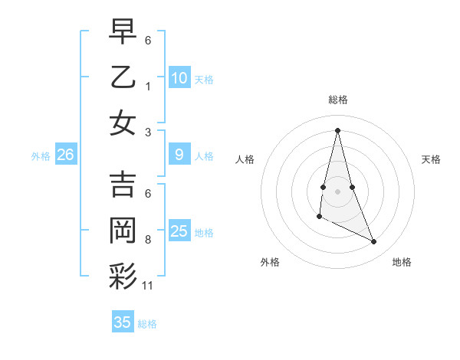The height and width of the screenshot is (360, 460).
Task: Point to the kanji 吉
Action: pyautogui.click(x=123, y=185)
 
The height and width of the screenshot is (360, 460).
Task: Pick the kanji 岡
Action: pyautogui.click(x=123, y=231)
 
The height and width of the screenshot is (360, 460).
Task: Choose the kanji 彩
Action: pyautogui.click(x=123, y=277)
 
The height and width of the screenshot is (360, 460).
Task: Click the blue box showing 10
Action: pyautogui.click(x=179, y=78)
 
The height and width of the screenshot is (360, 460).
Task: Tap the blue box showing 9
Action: pyautogui.click(x=179, y=155)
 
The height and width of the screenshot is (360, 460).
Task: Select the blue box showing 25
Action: pyautogui.click(x=179, y=231)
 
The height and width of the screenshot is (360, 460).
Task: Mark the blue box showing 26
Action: pyautogui.click(x=65, y=155)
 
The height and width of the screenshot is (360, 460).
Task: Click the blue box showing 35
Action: pyautogui.click(x=122, y=322)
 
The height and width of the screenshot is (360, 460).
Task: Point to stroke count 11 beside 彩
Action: pyautogui.click(x=148, y=286)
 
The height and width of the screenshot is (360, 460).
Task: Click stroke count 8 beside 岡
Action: pyautogui.click(x=148, y=240)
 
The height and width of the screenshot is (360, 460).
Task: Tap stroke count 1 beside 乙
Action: pyautogui.click(x=148, y=86)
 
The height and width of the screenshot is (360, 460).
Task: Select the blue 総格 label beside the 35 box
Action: pyautogui.click(x=147, y=324)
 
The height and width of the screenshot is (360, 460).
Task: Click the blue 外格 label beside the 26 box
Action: pyautogui.click(x=41, y=156)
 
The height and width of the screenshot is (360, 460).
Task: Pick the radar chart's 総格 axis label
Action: pyautogui.click(x=337, y=100)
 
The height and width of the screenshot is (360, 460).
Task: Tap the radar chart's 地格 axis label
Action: pyautogui.click(x=402, y=262)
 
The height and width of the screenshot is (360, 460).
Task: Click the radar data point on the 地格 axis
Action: pyautogui.click(x=374, y=242)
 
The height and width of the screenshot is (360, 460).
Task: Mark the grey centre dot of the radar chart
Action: pyautogui.click(x=337, y=190)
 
